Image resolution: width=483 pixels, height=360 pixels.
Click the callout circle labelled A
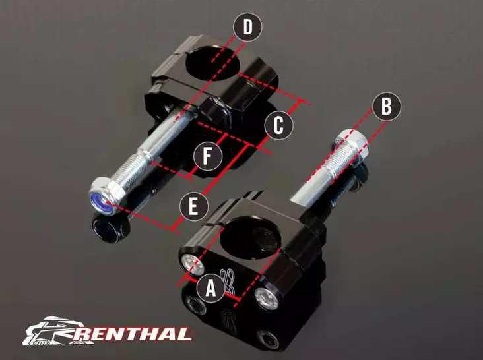210,288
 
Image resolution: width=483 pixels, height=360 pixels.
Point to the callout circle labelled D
247,28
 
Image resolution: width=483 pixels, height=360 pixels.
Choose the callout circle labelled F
207,157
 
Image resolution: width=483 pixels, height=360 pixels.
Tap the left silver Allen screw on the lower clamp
192,262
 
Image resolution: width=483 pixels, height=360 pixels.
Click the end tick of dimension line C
303,103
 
